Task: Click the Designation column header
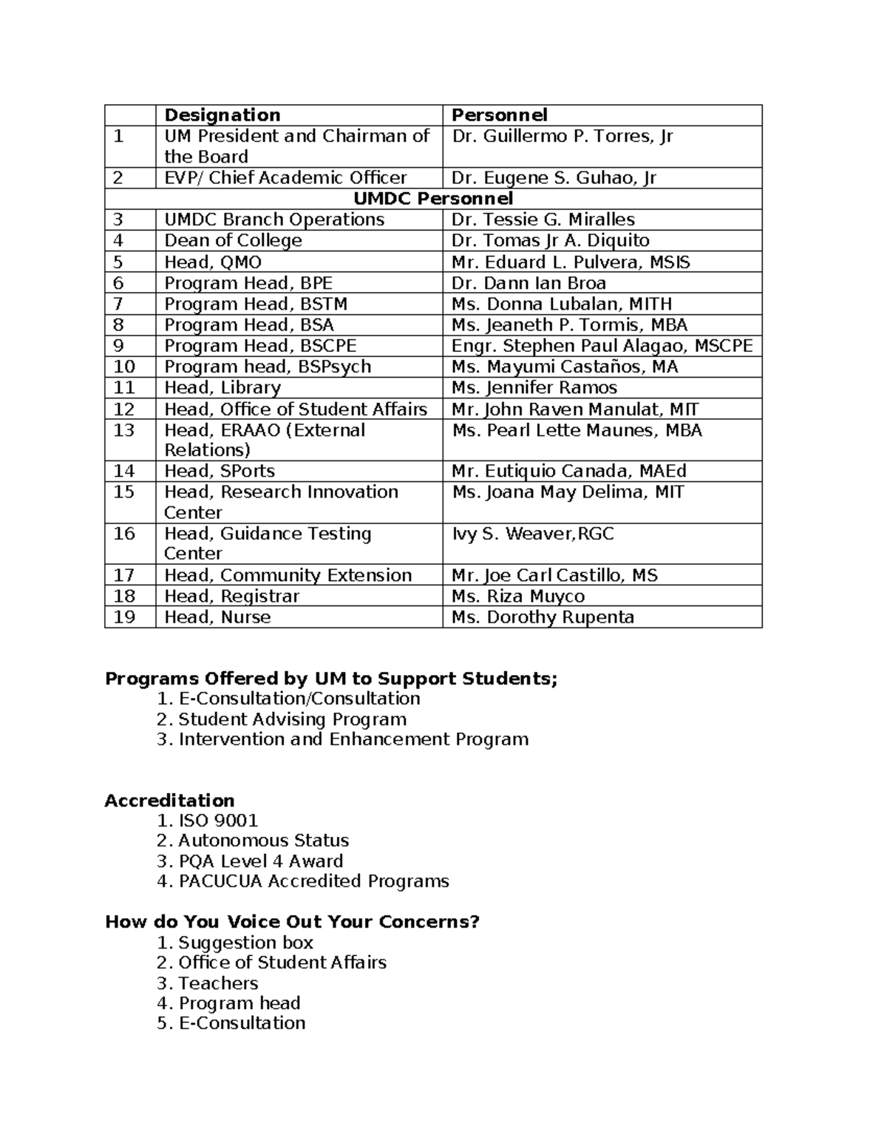[x=222, y=115]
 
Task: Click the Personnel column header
[x=499, y=115]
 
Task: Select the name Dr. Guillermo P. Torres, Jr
[x=562, y=137]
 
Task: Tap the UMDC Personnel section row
[x=432, y=199]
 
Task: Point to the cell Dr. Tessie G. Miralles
[x=543, y=220]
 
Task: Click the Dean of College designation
[x=233, y=241]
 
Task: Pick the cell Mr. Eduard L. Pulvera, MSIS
[x=571, y=262]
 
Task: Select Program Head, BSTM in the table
[x=256, y=304]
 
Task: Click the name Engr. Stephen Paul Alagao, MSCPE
[x=602, y=346]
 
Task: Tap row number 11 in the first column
[x=124, y=388]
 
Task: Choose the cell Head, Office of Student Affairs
[x=296, y=410]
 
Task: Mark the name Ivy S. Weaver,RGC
[x=532, y=534]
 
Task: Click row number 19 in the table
[x=124, y=617]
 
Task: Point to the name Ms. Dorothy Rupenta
[x=543, y=617]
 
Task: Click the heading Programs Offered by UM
[x=331, y=679]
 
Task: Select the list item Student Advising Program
[x=292, y=719]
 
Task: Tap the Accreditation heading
[x=169, y=801]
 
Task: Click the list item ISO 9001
[x=218, y=821]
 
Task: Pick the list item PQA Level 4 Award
[x=260, y=861]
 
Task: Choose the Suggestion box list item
[x=245, y=942]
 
